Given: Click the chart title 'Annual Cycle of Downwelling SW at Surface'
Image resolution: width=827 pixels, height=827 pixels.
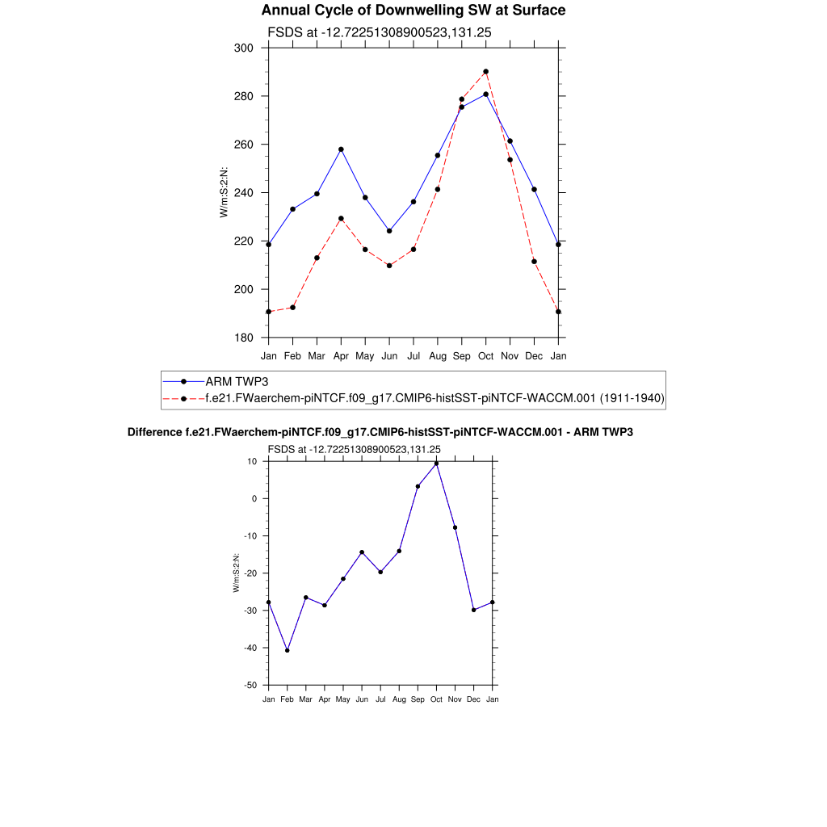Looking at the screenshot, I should [x=413, y=10].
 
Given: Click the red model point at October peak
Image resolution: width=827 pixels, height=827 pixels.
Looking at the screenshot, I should [x=485, y=71].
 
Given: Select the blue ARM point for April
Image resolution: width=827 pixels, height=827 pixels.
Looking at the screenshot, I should [x=341, y=149].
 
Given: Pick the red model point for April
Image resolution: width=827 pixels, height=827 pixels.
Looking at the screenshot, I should [x=341, y=218].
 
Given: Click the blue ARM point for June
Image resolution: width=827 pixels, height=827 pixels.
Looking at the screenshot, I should [x=389, y=231].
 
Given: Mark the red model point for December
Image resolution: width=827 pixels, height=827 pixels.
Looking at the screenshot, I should [x=534, y=261].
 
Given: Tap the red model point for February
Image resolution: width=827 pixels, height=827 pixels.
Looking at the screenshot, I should [x=292, y=307].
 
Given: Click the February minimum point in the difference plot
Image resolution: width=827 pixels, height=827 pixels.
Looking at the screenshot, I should [x=287, y=650].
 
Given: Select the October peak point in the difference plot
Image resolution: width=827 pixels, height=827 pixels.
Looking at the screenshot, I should [x=436, y=464].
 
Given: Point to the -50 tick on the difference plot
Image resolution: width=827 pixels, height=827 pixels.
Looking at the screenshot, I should [x=252, y=685].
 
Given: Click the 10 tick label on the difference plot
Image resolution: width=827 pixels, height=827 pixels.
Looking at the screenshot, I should [x=253, y=461].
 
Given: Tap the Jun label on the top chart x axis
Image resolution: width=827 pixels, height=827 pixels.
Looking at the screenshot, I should [x=389, y=355].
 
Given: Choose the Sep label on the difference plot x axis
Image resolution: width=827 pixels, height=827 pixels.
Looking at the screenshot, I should [x=418, y=699].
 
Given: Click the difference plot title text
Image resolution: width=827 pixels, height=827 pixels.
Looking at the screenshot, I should [x=380, y=433].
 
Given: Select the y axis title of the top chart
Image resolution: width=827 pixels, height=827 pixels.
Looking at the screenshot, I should [x=224, y=192].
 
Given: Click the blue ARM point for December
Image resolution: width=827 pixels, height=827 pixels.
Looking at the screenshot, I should [x=534, y=189].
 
